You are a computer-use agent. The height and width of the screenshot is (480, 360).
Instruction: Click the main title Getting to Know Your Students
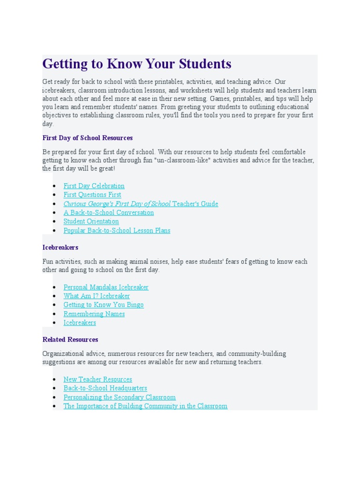click(x=137, y=64)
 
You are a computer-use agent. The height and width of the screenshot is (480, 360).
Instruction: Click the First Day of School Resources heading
click(x=87, y=138)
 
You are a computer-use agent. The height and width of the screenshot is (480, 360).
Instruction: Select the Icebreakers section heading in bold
click(x=60, y=247)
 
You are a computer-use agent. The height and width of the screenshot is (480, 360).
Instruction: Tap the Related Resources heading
click(x=70, y=339)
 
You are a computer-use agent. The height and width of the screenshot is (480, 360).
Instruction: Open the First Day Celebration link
click(x=94, y=186)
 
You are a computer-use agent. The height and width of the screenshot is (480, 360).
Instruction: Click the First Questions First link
click(x=92, y=195)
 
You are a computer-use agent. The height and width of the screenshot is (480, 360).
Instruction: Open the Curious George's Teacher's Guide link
click(x=141, y=203)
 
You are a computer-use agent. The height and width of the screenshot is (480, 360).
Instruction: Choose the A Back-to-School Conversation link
click(x=108, y=212)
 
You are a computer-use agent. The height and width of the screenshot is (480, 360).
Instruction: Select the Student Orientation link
click(x=91, y=221)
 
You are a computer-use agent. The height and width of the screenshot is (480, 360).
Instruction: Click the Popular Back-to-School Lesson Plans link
click(x=117, y=230)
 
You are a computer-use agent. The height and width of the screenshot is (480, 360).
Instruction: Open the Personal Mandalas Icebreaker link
click(x=106, y=287)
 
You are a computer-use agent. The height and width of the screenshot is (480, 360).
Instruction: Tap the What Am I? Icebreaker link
click(x=97, y=296)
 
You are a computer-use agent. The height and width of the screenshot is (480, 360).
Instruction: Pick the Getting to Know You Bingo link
click(x=104, y=305)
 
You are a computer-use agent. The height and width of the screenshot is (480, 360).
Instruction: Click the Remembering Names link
click(x=94, y=314)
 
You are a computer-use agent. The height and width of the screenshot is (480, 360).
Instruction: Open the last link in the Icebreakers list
click(x=80, y=322)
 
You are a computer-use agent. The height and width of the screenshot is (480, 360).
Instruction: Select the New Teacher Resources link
click(x=97, y=379)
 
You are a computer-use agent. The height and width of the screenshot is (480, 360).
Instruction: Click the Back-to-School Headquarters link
click(x=105, y=388)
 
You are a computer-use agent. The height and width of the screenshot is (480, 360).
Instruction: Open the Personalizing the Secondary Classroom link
click(x=120, y=397)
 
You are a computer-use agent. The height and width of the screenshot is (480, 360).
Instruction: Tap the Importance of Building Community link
click(x=145, y=406)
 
